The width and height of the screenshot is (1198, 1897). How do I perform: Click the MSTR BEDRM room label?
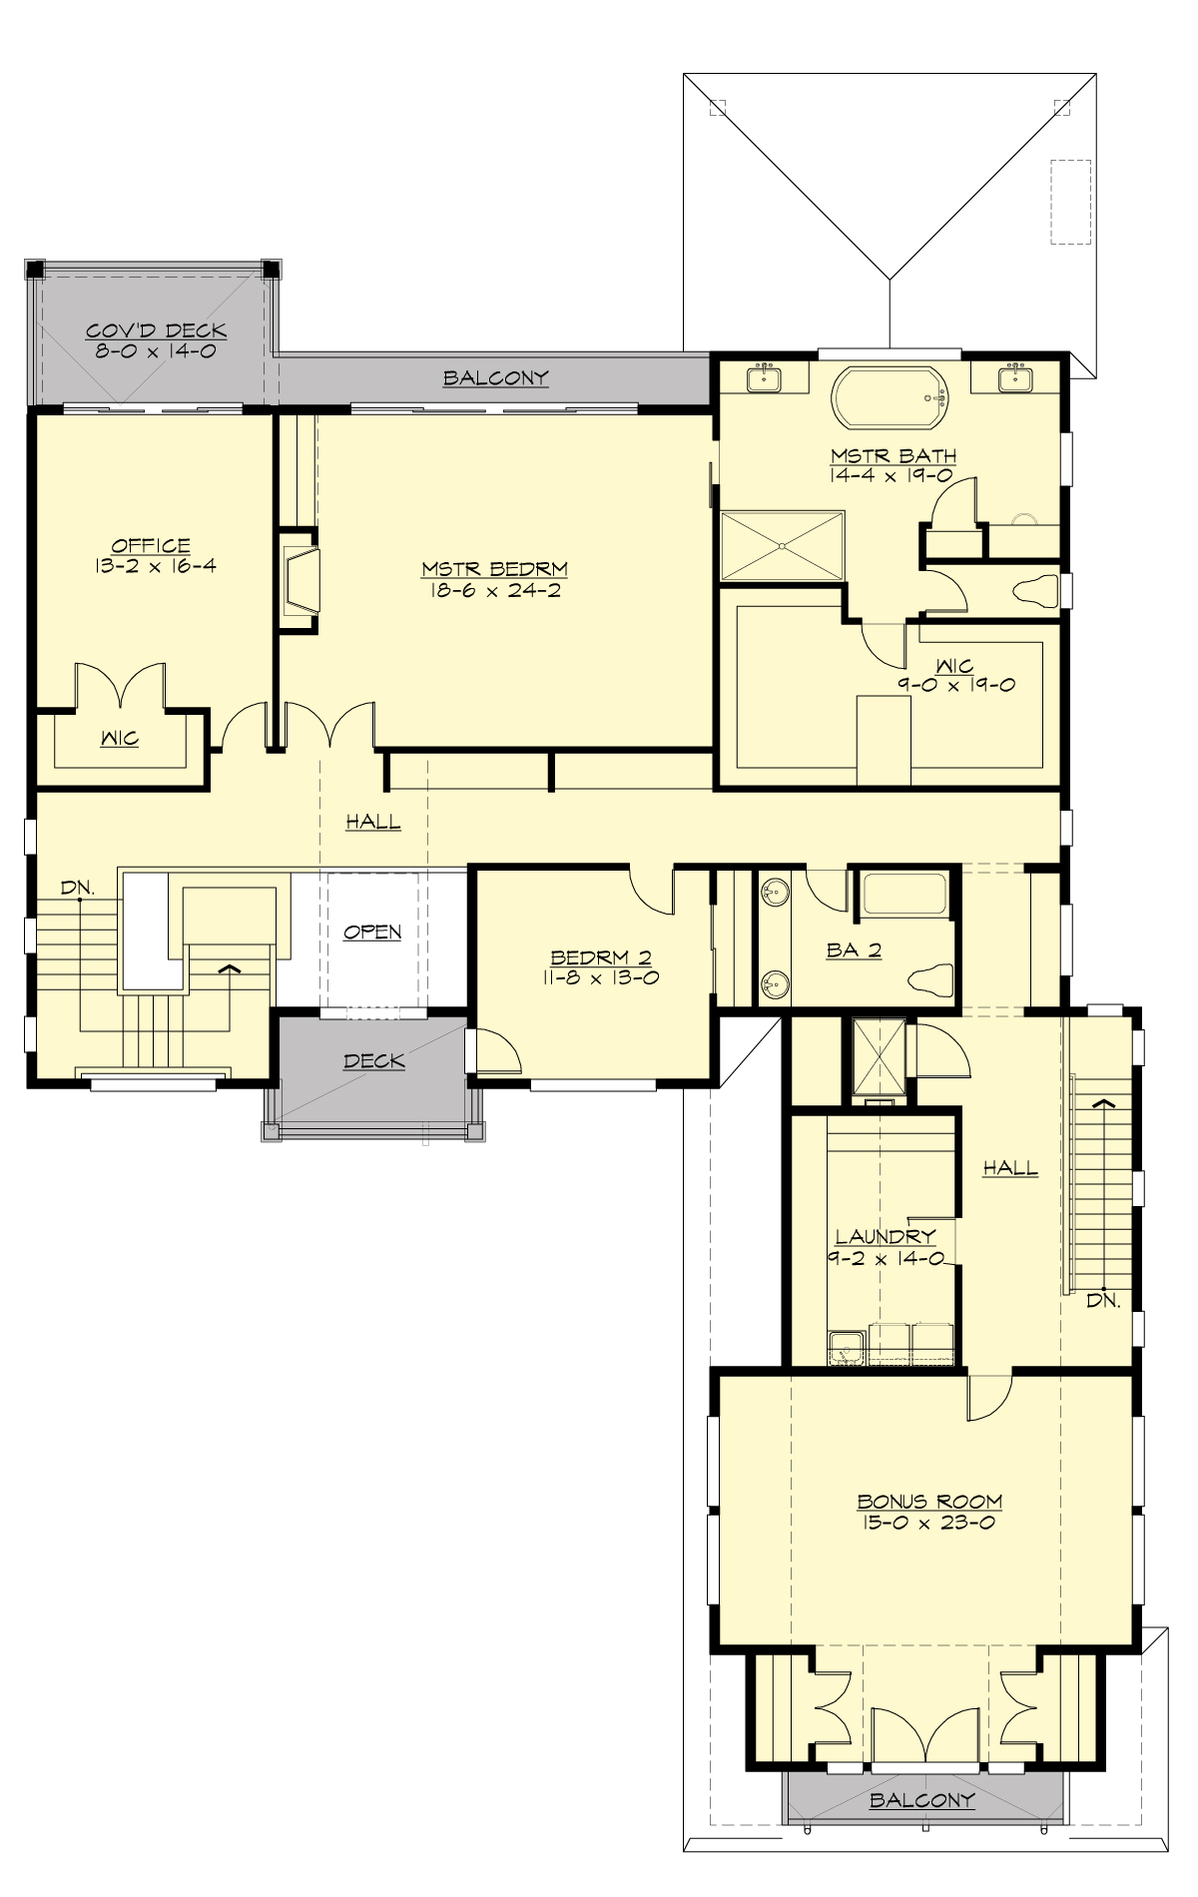click(x=494, y=569)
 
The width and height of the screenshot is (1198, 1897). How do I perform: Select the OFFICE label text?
click(x=151, y=545)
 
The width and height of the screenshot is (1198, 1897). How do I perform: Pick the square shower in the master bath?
click(x=782, y=545)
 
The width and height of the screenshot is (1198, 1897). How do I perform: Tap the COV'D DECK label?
click(x=156, y=330)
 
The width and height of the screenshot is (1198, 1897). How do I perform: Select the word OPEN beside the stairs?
click(x=372, y=932)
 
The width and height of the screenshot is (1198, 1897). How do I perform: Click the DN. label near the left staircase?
click(x=77, y=887)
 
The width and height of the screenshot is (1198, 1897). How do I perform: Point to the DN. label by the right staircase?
click(x=1103, y=1301)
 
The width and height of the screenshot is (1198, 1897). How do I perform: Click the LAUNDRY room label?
click(x=886, y=1236)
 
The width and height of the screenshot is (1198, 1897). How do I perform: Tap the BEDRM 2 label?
click(x=599, y=957)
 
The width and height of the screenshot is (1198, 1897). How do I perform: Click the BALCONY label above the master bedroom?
click(x=496, y=377)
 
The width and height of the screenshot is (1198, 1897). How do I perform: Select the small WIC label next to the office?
click(x=119, y=739)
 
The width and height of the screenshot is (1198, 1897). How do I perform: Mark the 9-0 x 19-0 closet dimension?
click(x=955, y=685)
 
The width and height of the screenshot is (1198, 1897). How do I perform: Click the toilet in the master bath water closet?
click(x=1034, y=590)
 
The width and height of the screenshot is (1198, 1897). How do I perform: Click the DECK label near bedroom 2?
click(x=373, y=1060)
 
